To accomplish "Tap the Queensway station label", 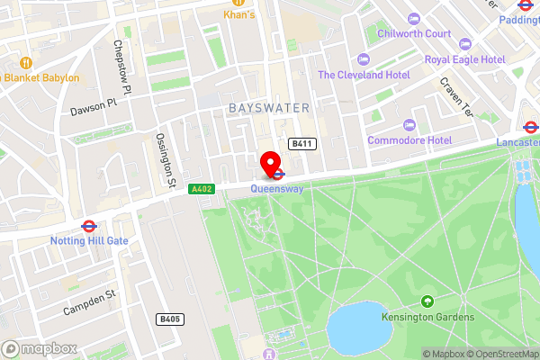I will point(276,189).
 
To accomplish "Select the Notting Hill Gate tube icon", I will point(89,227).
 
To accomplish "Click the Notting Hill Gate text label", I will point(90,241).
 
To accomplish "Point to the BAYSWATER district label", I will point(268,108).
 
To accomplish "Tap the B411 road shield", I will point(301,144).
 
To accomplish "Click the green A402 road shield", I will point(202,189).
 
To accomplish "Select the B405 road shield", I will point(169,319).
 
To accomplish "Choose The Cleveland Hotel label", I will point(364,76).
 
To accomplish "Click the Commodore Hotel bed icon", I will point(411,125).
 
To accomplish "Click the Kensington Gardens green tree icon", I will point(427,302).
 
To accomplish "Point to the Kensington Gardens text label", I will point(427,319).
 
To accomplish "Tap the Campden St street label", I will point(90,302).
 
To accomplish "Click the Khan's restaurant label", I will point(239,15).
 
